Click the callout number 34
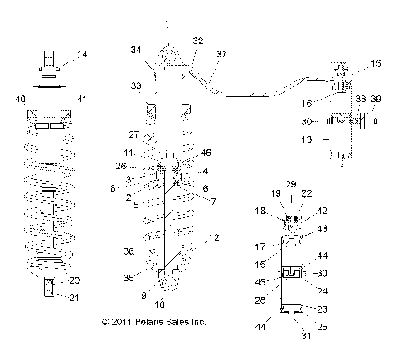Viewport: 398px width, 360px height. tap(135, 51)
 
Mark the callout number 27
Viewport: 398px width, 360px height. tap(133, 134)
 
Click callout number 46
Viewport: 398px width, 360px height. tap(206, 153)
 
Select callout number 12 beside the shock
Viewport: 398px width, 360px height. tap(214, 238)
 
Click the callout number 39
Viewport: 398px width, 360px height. tap(377, 100)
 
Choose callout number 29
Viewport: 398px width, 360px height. tap(290, 183)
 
